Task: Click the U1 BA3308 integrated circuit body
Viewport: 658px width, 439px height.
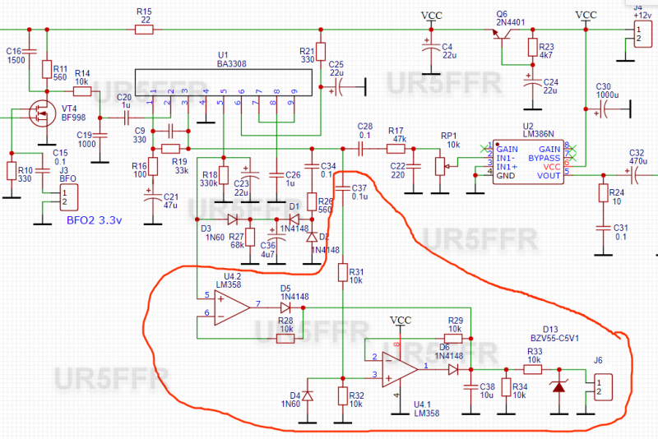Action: point(222,81)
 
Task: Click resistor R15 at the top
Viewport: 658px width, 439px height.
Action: point(144,29)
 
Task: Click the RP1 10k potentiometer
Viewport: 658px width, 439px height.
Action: point(436,167)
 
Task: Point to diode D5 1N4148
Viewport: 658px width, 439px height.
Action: point(285,306)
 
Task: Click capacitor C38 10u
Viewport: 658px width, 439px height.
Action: point(470,387)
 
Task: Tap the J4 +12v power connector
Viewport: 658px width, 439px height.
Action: point(639,33)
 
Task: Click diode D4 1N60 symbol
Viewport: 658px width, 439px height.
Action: point(308,395)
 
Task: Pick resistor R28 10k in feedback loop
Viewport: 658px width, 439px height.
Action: point(285,337)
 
